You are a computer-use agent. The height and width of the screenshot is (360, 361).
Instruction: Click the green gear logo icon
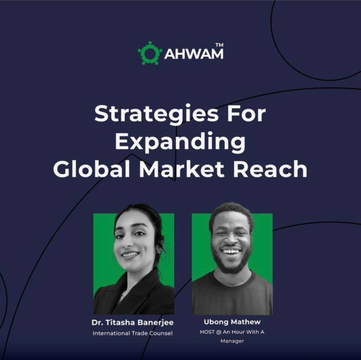click(x=150, y=53)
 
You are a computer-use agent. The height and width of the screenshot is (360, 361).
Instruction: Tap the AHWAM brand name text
click(x=194, y=54)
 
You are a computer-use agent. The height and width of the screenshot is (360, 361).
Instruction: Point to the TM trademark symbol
click(x=219, y=45)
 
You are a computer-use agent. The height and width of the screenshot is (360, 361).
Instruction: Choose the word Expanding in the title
click(x=180, y=142)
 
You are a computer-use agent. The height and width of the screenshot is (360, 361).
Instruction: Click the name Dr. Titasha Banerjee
click(x=133, y=323)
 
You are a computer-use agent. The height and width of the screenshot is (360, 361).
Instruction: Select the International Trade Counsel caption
click(x=133, y=333)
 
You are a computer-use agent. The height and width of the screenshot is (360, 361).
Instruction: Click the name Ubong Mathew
click(x=232, y=322)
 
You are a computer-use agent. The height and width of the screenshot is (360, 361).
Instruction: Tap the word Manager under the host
click(x=232, y=341)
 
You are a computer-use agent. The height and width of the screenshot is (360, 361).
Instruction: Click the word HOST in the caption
click(x=207, y=332)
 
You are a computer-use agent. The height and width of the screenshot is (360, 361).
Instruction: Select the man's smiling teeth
click(x=231, y=251)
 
